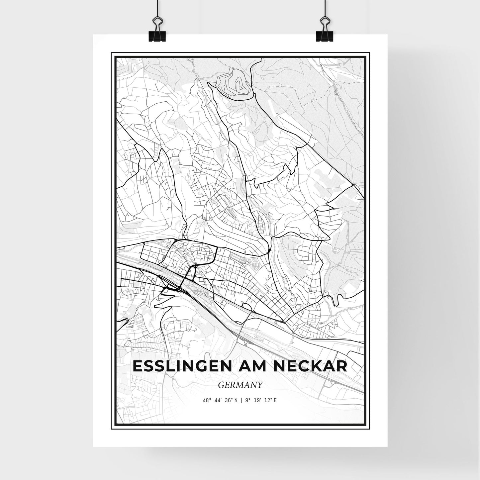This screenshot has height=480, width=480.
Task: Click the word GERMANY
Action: [240, 385]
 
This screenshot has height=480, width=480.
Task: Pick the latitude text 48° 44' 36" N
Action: [220, 400]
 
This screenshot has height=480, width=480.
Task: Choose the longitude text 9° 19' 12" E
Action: [261, 400]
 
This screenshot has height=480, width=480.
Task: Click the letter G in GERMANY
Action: [221, 385]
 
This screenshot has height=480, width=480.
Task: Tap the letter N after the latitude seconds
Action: [236, 400]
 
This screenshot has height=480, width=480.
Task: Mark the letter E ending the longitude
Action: [275, 400]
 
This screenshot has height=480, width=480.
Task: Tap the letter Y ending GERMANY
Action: [260, 385]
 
